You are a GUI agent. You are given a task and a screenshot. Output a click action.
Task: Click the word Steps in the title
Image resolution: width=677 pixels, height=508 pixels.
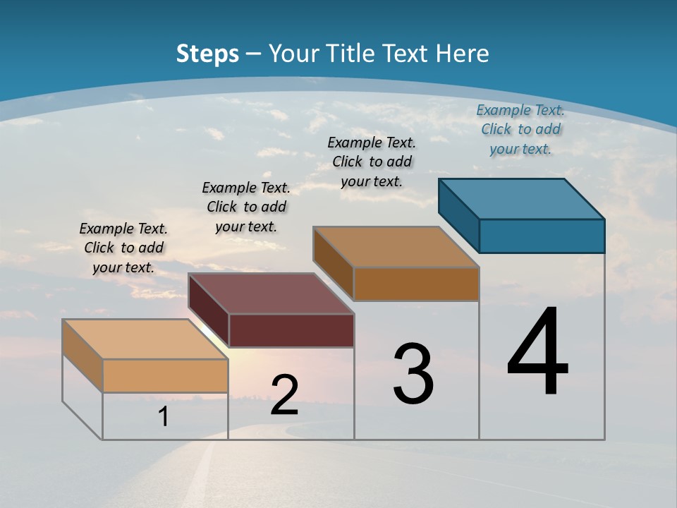click(207, 54)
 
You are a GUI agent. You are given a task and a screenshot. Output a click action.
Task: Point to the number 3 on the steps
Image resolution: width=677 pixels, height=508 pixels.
click(413, 374)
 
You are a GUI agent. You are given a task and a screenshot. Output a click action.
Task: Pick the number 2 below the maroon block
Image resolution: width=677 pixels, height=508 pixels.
click(284, 395)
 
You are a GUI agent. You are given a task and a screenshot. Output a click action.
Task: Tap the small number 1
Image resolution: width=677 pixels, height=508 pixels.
click(164, 416)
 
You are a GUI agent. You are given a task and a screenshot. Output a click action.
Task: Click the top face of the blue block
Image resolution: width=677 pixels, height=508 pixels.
click(522, 198)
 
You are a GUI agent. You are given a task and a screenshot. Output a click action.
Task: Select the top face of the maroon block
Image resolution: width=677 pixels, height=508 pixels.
click(271, 294)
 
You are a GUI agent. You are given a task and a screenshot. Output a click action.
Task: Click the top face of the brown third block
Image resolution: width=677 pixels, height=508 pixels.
click(396, 247)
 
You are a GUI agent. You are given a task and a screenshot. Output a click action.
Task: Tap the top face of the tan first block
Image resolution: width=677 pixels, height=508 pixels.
click(145, 339)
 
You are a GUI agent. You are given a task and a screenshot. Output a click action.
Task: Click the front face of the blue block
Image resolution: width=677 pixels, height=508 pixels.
click(542, 236)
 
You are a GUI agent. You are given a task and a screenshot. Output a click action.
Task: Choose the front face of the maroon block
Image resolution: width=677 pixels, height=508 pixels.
click(291, 330)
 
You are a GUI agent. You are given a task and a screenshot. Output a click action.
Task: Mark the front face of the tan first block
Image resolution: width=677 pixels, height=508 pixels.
click(165, 375)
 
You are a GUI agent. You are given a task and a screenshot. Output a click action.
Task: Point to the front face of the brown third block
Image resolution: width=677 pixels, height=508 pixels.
click(416, 284)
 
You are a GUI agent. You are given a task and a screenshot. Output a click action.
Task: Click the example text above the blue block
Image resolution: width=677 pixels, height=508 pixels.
click(520, 129)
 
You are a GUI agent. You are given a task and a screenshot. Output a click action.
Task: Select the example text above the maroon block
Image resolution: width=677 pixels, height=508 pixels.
click(246, 207)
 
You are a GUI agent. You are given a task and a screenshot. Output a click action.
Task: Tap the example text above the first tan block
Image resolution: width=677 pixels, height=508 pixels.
click(123, 248)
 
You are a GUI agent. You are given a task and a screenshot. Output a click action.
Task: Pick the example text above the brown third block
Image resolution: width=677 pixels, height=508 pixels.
click(372, 162)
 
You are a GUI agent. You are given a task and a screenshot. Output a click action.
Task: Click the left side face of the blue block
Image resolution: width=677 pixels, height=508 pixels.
click(458, 215)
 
